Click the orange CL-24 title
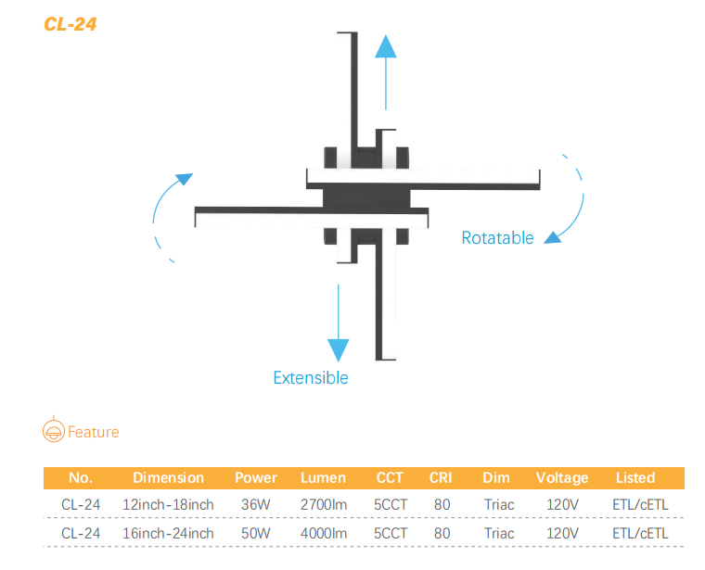[70, 24]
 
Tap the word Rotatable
[497, 237]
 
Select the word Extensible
[311, 378]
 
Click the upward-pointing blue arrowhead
[386, 46]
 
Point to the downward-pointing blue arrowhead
[338, 350]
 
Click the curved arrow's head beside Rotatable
[553, 236]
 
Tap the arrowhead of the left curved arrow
[185, 179]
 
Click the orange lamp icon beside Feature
[54, 429]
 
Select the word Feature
[94, 432]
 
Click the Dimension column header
[169, 477]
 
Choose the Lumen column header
[323, 477]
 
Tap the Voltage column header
[562, 478]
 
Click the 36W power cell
[256, 504]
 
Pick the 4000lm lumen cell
[324, 533]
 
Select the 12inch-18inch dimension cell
[168, 504]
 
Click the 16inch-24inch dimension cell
[168, 533]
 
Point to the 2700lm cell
[324, 504]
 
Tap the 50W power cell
[256, 533]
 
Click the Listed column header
[635, 477]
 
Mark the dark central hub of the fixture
[366, 198]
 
